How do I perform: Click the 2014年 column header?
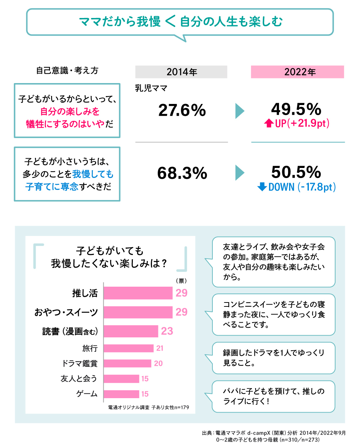click(181, 72)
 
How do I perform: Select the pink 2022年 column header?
click(297, 72)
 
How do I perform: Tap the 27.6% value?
click(182, 110)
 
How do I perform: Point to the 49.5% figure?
click(296, 109)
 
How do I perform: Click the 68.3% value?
click(182, 173)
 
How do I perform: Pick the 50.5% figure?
click(296, 172)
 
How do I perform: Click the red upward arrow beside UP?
click(269, 123)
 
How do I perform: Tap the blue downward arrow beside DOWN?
click(262, 187)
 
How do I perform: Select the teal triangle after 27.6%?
click(239, 111)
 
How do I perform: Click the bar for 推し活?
click(138, 293)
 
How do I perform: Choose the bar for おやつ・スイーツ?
click(138, 312)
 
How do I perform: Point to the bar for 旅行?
click(129, 348)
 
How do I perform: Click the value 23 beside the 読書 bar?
click(167, 331)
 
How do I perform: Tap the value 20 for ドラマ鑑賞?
click(158, 364)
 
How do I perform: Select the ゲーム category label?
click(87, 394)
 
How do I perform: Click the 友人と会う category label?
click(79, 379)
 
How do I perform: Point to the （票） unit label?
click(181, 281)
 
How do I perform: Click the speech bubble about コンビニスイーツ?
click(274, 314)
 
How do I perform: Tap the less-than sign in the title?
click(170, 22)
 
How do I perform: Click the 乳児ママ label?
click(151, 88)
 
